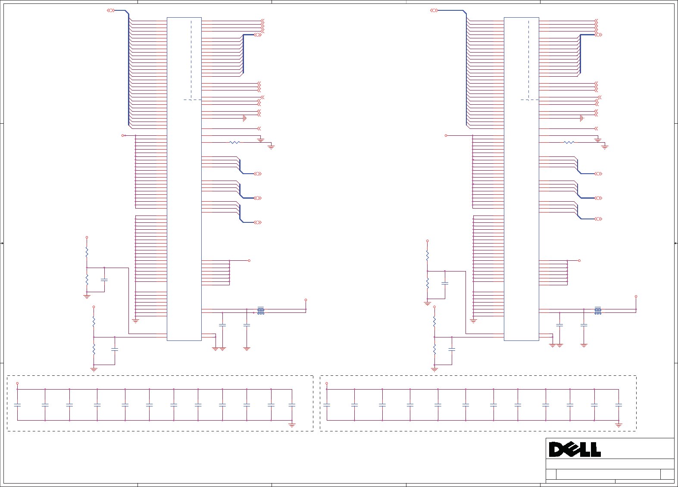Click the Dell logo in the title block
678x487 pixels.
575,449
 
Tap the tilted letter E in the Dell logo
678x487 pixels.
572,450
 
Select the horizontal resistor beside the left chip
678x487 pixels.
234,142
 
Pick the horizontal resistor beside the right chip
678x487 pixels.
569,142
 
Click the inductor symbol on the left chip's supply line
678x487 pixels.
261,311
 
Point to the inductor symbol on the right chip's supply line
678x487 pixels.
598,311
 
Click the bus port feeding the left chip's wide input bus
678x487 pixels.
111,10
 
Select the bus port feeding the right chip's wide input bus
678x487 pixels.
434,10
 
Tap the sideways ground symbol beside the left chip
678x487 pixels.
244,118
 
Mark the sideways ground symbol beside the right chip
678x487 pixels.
582,118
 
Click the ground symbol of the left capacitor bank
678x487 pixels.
292,425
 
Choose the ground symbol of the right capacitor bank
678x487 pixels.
619,425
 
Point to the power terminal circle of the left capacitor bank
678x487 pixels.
17,383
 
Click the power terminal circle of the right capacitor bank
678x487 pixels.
327,383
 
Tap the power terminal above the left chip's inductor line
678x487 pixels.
306,300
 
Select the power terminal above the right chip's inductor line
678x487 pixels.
636,297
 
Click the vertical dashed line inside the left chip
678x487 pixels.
191,60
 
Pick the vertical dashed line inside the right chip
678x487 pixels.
528,60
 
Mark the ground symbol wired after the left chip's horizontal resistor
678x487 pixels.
271,147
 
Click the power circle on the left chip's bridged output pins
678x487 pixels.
249,261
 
